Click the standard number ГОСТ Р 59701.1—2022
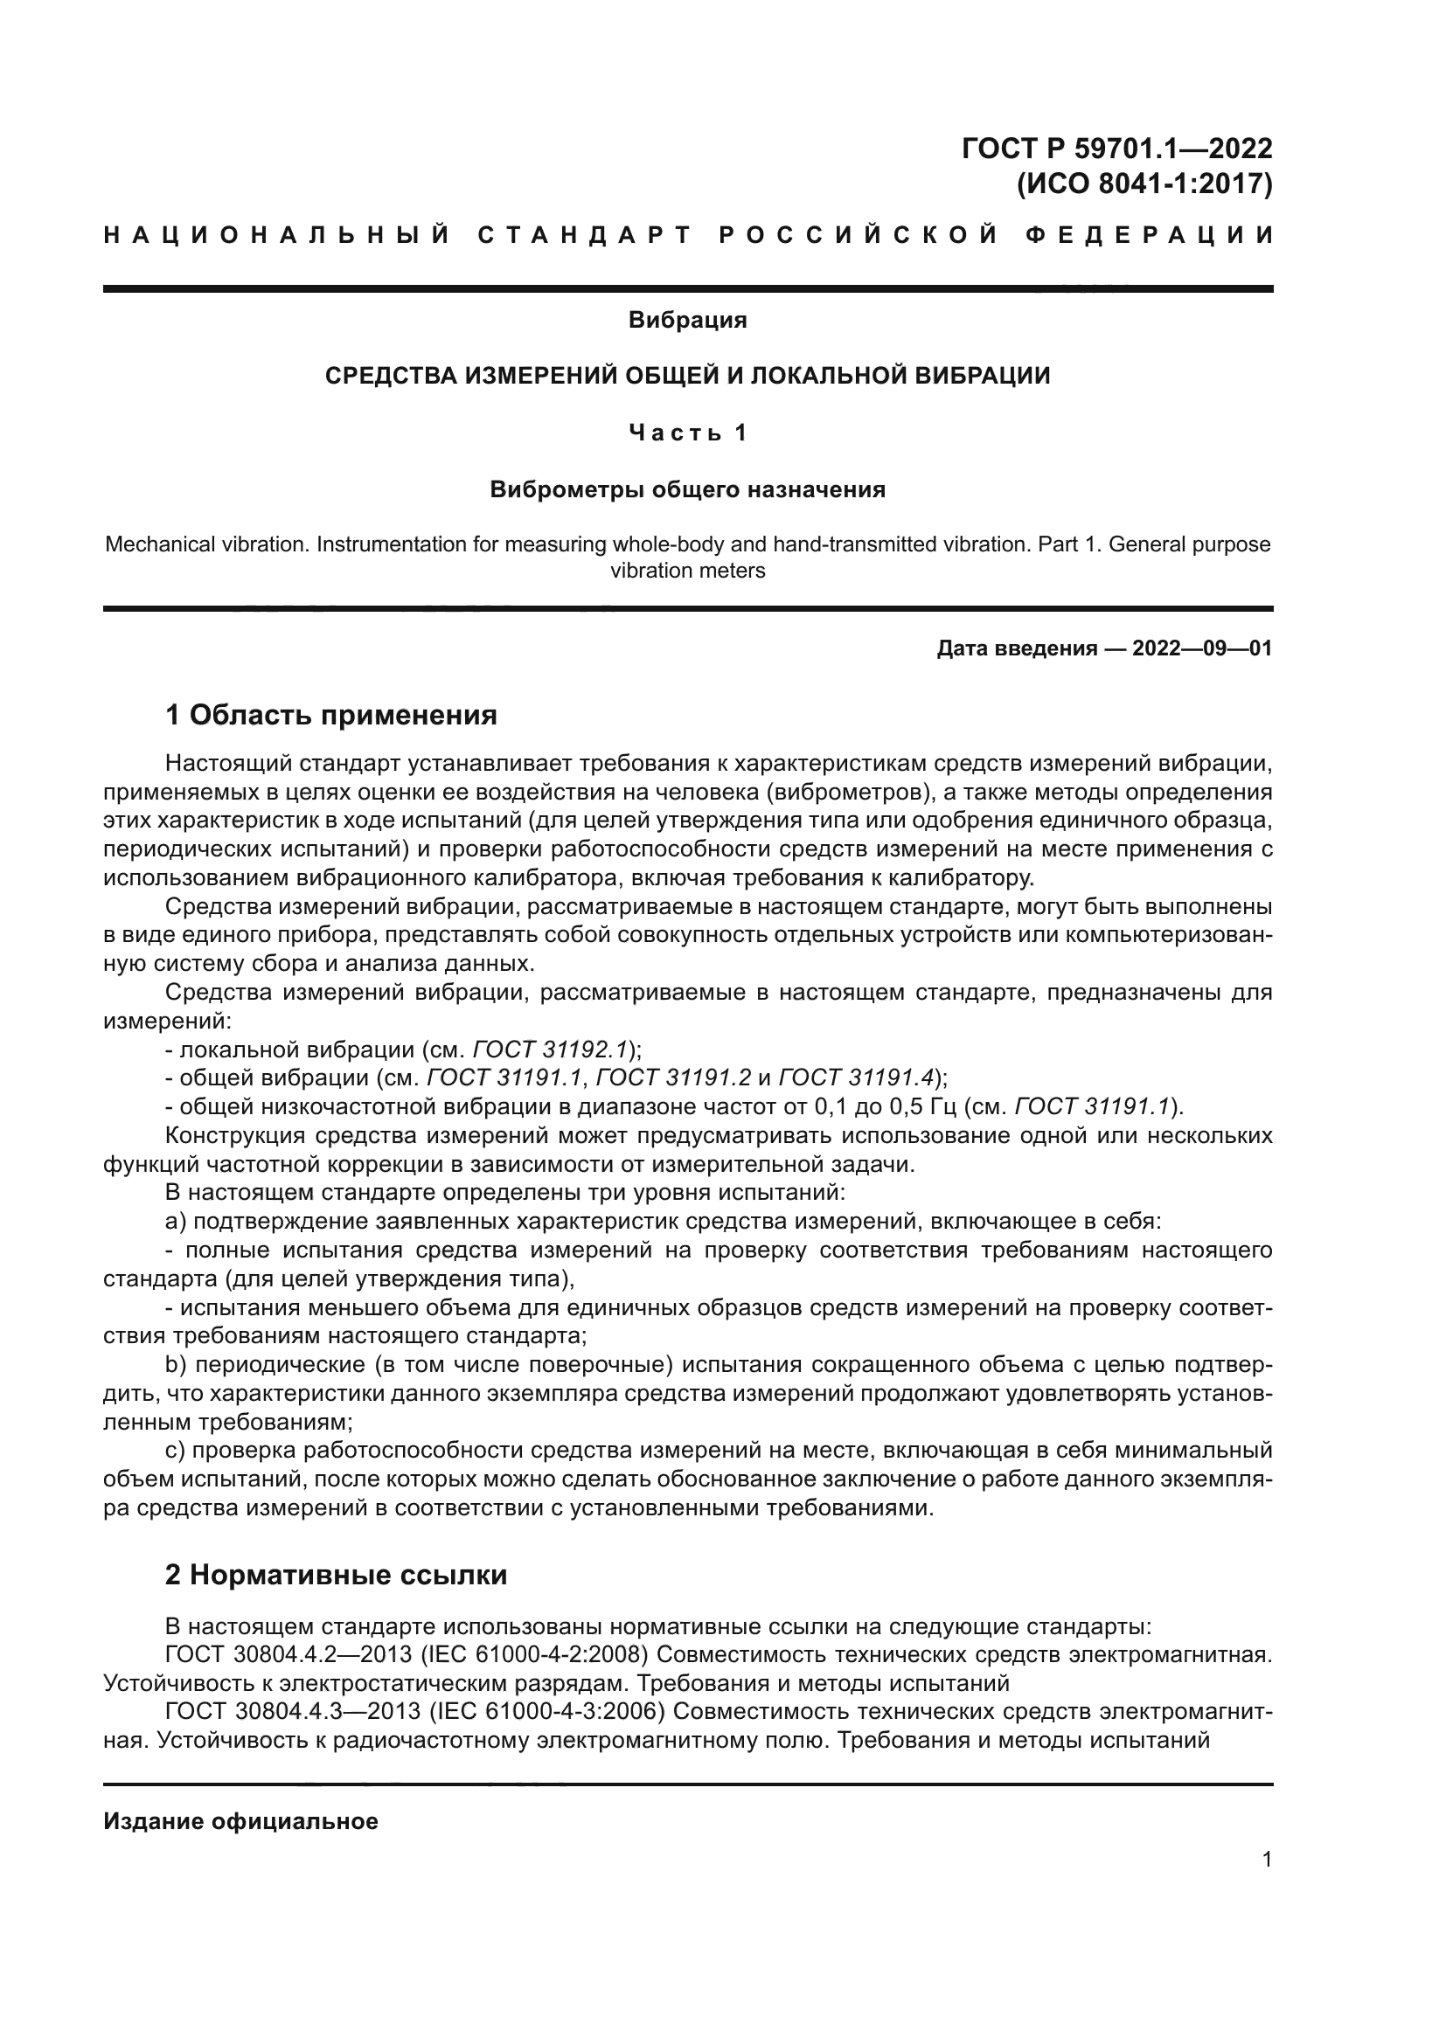point(1116,148)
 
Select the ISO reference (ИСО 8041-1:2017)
point(1144,184)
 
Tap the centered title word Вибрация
point(687,320)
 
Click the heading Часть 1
point(687,433)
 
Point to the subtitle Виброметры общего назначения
point(687,489)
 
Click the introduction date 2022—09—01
point(1202,648)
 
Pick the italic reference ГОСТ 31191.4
point(856,1078)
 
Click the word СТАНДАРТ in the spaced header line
point(585,235)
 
